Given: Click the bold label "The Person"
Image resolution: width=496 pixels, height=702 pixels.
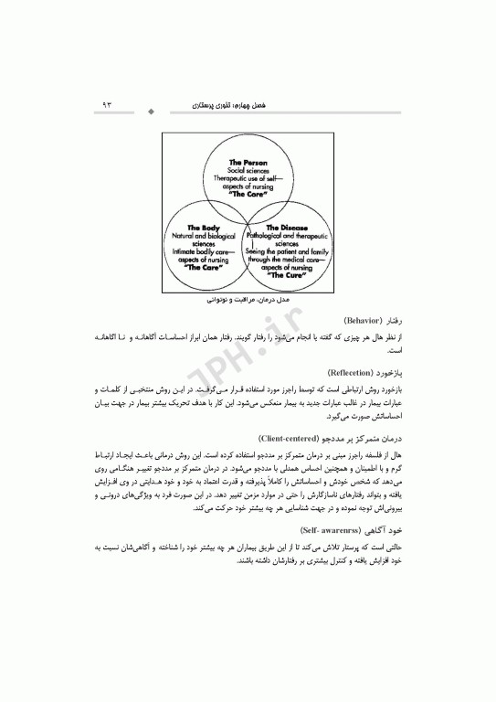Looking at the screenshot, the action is [248, 162].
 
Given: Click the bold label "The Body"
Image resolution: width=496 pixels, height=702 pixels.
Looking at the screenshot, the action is [204, 227].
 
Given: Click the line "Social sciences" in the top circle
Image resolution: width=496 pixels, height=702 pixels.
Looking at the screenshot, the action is [248, 170].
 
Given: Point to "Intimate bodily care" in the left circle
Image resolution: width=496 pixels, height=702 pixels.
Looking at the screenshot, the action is [204, 251].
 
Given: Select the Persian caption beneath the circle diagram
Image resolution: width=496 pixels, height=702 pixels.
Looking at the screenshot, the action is [248, 298].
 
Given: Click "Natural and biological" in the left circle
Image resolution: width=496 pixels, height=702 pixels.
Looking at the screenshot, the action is [204, 235].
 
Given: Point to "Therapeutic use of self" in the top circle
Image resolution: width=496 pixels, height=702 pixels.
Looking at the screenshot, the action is [248, 178].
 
